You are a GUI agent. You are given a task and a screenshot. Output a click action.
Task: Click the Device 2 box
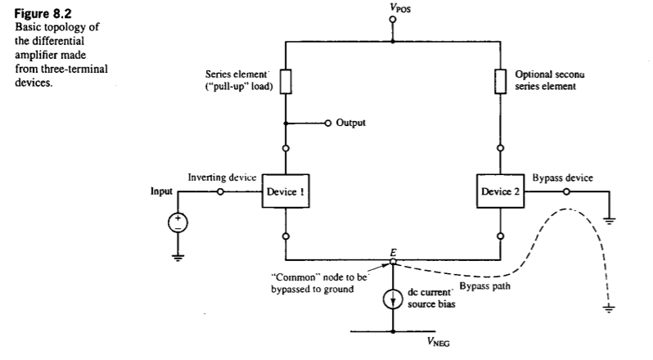501,192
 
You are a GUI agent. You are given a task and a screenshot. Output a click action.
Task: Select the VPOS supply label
393,7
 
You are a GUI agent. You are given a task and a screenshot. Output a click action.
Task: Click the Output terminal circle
328,124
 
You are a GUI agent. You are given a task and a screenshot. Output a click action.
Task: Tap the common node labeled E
394,261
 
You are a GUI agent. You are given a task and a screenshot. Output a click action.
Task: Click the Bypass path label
483,287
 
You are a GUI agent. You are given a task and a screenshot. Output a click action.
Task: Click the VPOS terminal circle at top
393,20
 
